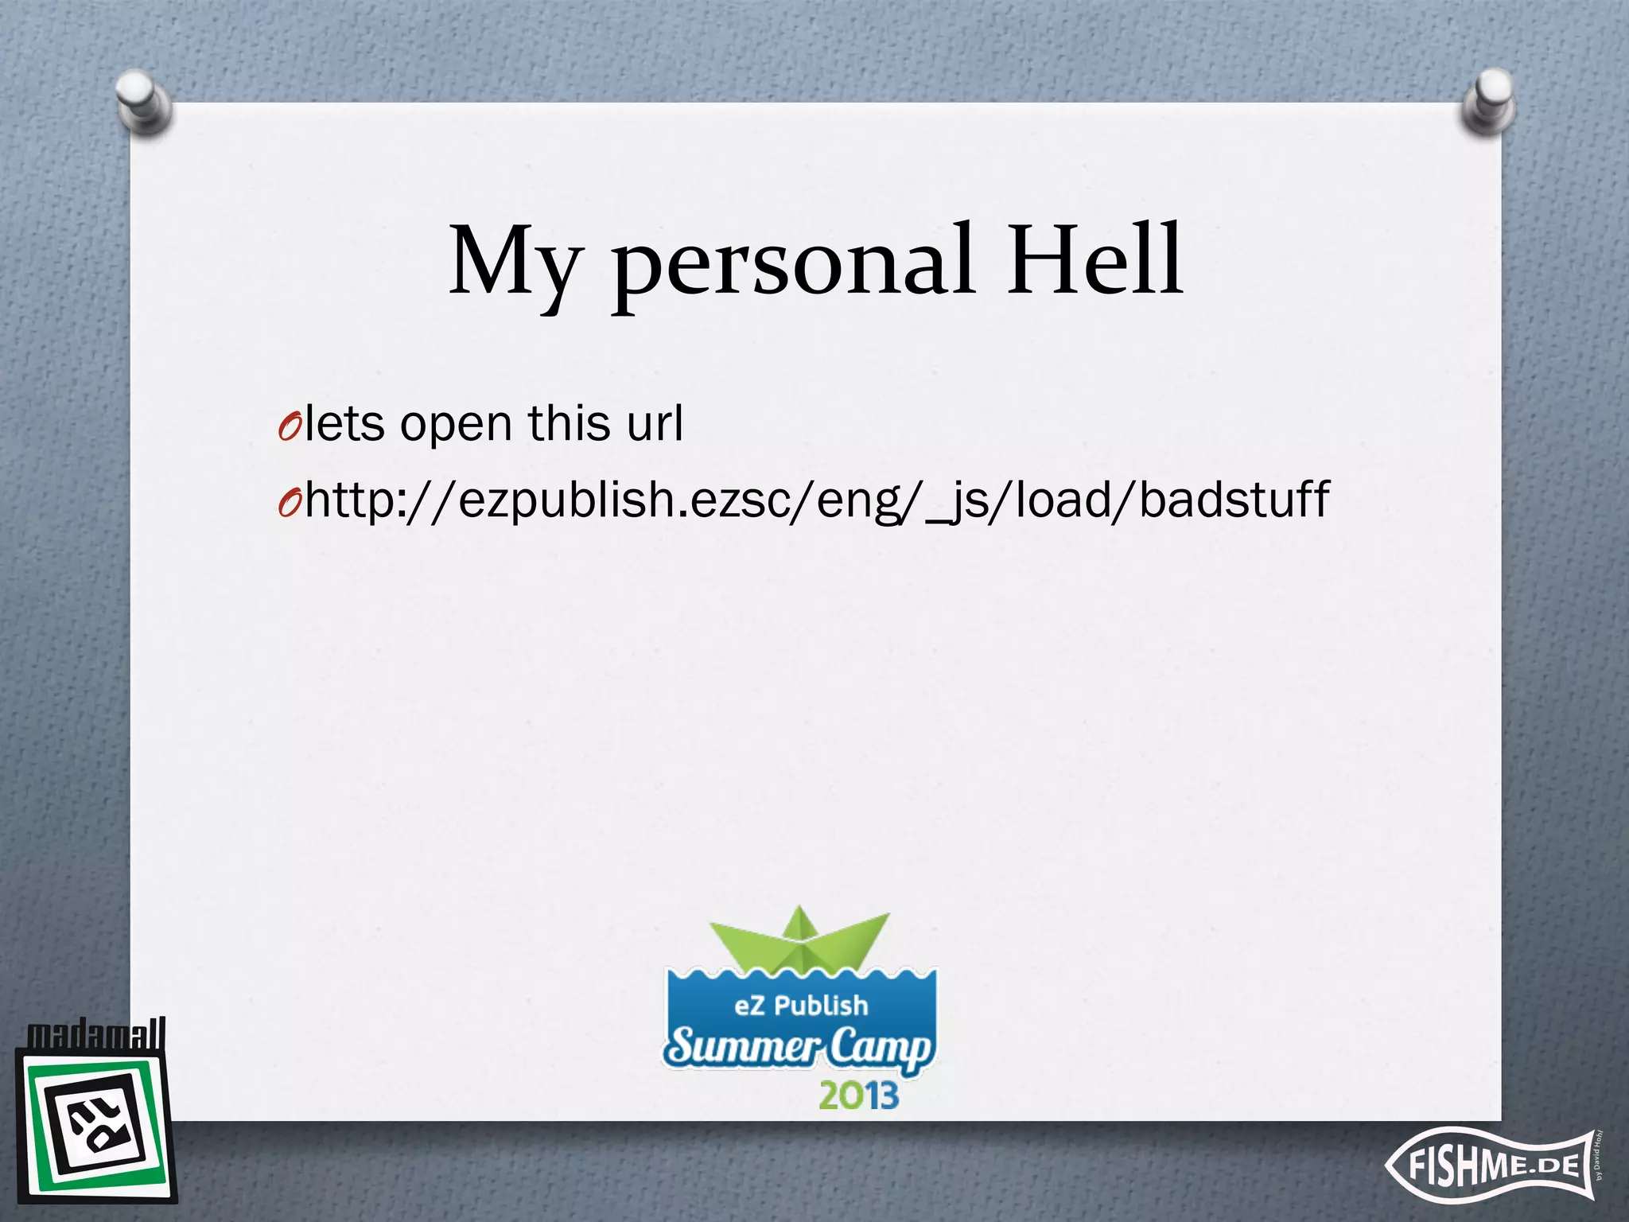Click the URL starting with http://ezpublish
coord(816,500)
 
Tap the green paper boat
coord(799,939)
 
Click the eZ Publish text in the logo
coord(801,1006)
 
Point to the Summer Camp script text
coord(799,1047)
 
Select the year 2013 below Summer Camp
coord(858,1096)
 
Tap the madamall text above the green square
coord(96,1034)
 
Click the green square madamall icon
coord(95,1126)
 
